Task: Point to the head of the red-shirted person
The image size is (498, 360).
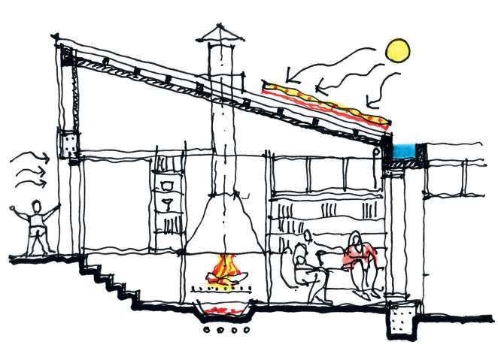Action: (x=357, y=241)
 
